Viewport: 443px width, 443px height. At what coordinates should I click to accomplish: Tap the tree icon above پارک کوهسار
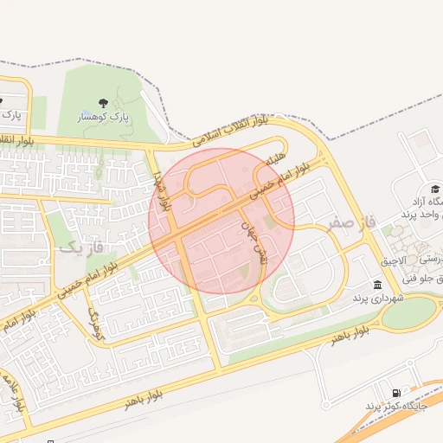point(104,103)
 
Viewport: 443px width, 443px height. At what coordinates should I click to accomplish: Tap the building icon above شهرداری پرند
point(377,285)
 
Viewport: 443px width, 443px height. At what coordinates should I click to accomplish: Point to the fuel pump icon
point(396,392)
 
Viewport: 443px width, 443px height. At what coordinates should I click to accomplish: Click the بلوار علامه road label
point(16,394)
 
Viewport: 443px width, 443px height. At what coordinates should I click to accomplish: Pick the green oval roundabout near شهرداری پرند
point(407,312)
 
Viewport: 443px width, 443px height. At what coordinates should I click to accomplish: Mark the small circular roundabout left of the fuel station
point(326,404)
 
